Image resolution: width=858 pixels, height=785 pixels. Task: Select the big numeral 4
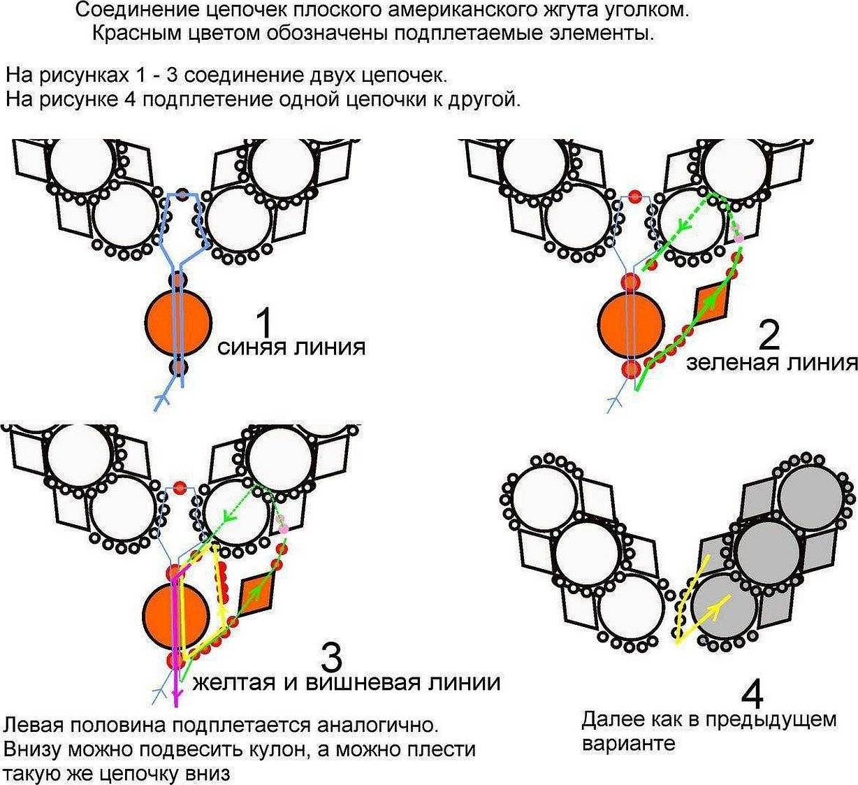tap(751, 694)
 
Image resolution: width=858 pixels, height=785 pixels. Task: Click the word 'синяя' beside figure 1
tap(252, 347)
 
